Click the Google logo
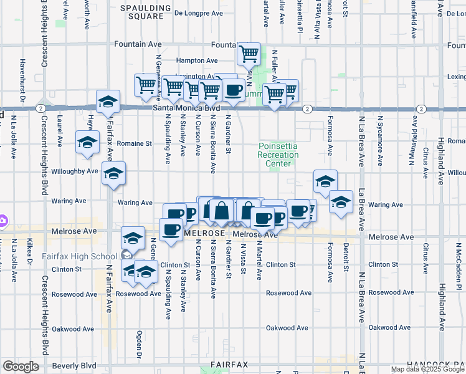pos(21,367)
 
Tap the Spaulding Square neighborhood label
pos(145,12)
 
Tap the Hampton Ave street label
pos(197,60)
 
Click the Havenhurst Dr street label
pos(22,81)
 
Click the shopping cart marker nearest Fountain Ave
pos(249,55)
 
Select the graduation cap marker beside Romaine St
pos(87,143)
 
